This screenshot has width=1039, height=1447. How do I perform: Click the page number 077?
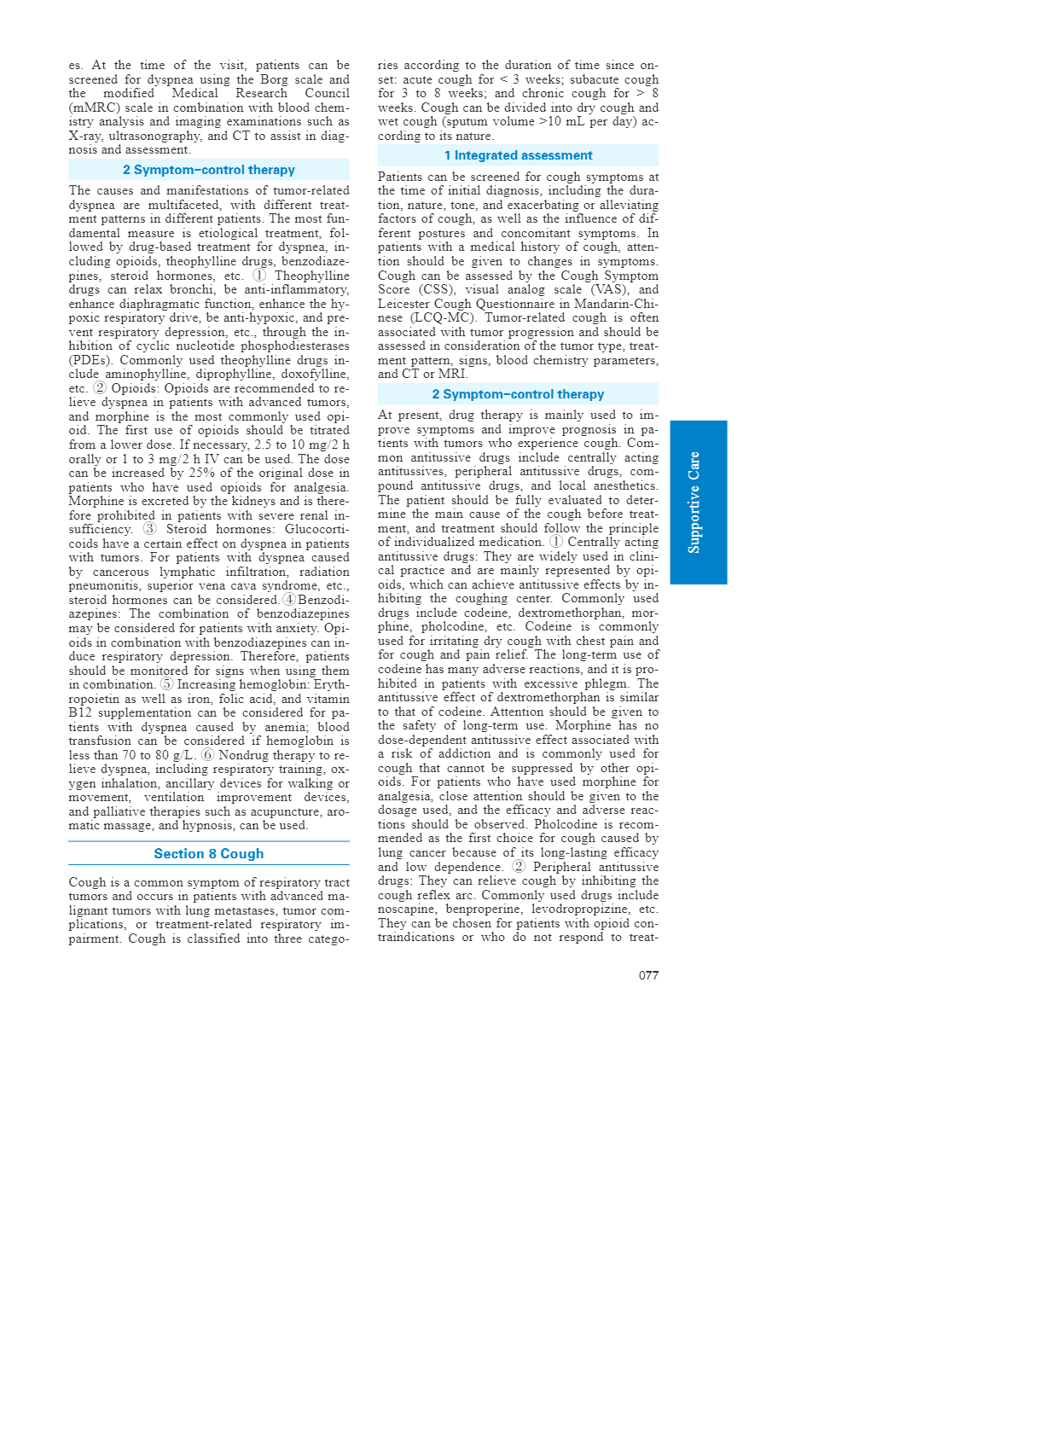pyautogui.click(x=648, y=975)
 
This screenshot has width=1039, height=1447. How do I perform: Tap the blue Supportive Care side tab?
pyautogui.click(x=698, y=502)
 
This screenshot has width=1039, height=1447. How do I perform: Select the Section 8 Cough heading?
pyautogui.click(x=209, y=854)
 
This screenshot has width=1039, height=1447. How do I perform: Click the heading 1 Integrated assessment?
pyautogui.click(x=518, y=155)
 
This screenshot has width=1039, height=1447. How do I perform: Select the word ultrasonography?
pyautogui.click(x=154, y=136)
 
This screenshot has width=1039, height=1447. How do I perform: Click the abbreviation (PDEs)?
pyautogui.click(x=90, y=360)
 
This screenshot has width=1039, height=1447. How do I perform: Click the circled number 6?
pyautogui.click(x=208, y=755)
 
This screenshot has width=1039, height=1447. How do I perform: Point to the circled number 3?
pyautogui.click(x=149, y=529)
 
